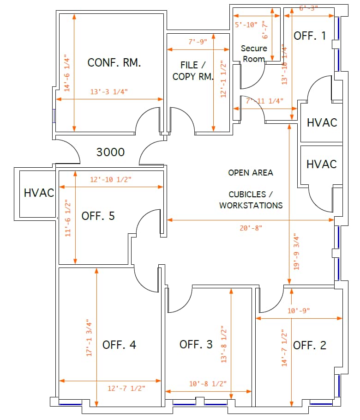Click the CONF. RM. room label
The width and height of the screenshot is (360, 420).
click(x=114, y=63)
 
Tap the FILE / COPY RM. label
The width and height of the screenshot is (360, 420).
click(x=193, y=71)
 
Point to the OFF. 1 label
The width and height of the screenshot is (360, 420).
click(x=310, y=36)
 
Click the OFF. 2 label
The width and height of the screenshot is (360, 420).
click(x=310, y=345)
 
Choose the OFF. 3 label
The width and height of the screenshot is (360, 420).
click(x=196, y=344)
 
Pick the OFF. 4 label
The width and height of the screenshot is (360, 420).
click(x=119, y=345)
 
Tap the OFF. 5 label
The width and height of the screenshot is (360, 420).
click(x=98, y=216)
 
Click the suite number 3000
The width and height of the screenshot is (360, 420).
click(x=110, y=152)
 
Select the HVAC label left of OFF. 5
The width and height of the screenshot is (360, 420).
click(x=39, y=193)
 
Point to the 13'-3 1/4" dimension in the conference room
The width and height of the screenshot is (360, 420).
click(x=109, y=91)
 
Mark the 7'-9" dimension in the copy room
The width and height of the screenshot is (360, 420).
click(x=198, y=42)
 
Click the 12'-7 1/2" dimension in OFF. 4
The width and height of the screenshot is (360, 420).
click(x=126, y=389)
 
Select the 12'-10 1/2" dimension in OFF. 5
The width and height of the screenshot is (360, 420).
click(x=110, y=179)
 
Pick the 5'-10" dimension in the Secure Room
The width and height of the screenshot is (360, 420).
click(x=246, y=25)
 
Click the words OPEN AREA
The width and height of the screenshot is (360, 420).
click(x=251, y=173)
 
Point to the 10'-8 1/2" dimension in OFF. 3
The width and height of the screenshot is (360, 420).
click(x=208, y=384)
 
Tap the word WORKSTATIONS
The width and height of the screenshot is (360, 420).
click(x=251, y=205)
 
